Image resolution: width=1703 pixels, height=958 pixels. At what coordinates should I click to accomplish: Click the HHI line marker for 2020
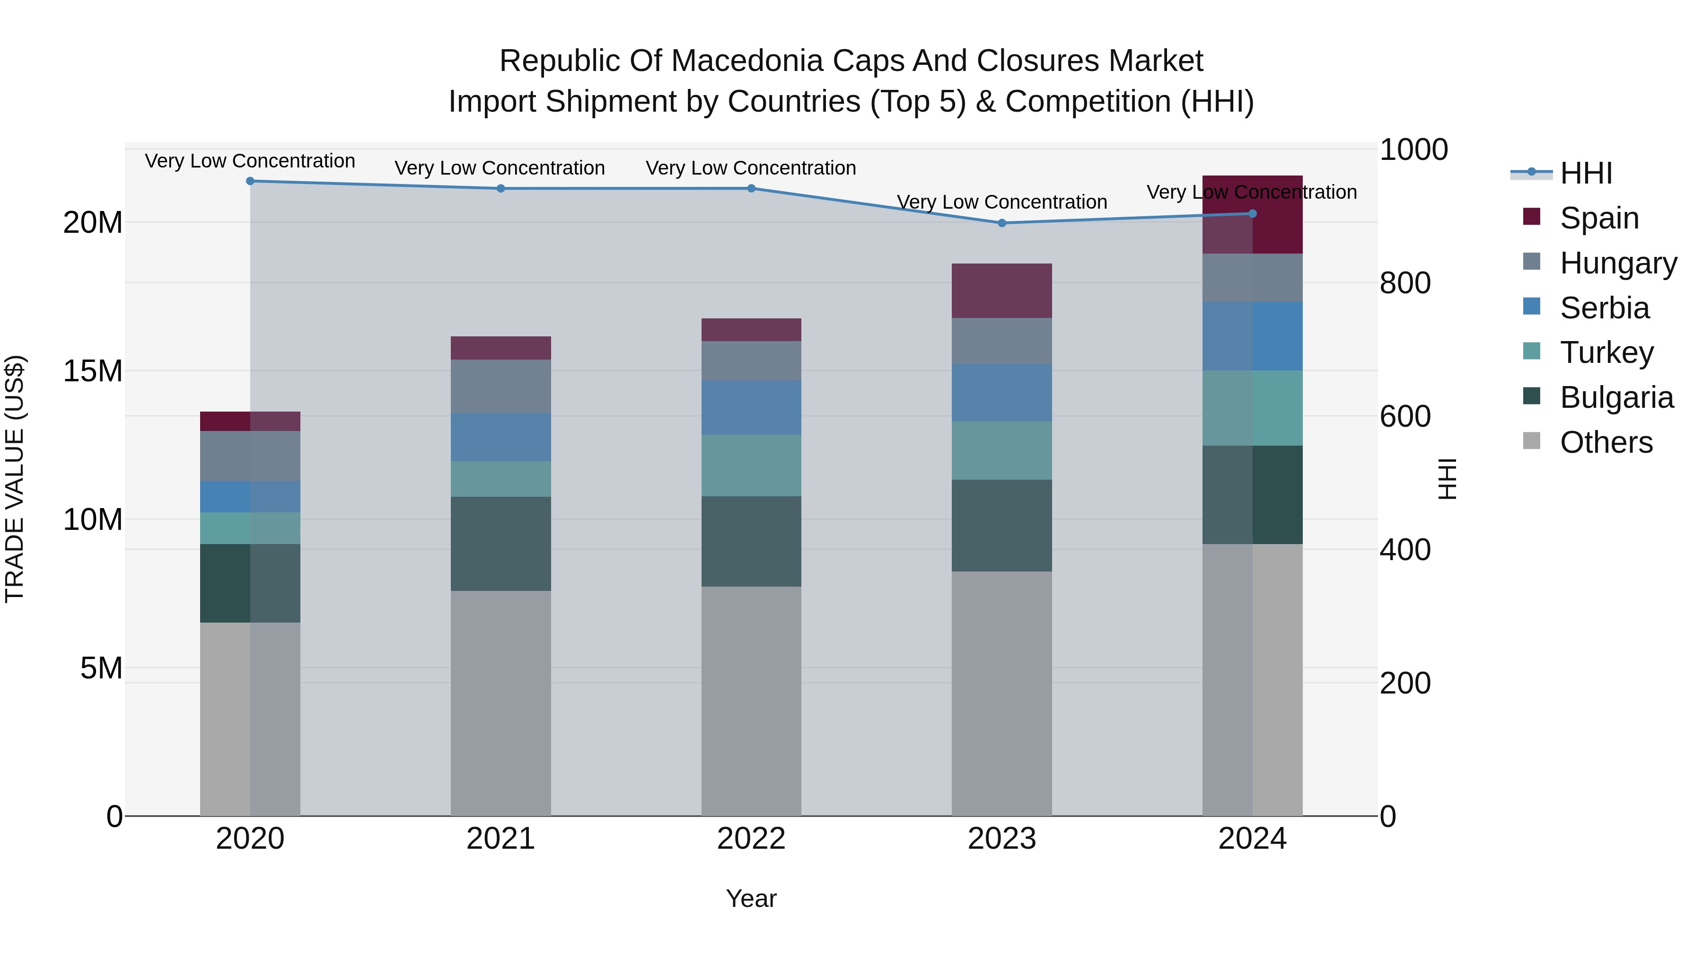point(250,181)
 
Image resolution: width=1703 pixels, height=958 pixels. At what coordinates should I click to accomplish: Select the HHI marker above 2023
point(1001,223)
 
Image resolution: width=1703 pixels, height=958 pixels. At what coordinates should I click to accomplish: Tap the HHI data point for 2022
point(751,188)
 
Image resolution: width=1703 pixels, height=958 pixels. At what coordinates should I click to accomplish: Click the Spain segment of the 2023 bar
point(1001,291)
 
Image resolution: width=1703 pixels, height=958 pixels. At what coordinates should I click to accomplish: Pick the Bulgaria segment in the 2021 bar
point(500,544)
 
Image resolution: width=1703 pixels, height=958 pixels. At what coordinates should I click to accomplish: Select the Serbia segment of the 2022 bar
point(751,407)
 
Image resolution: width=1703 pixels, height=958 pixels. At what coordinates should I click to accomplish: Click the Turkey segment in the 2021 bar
point(500,479)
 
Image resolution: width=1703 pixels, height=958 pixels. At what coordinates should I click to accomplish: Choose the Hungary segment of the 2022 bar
point(751,360)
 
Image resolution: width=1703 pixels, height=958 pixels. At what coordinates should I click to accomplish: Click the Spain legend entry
point(1598,218)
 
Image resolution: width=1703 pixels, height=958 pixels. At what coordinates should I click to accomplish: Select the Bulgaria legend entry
point(1616,397)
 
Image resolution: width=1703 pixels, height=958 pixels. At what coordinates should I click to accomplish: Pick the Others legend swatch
point(1531,441)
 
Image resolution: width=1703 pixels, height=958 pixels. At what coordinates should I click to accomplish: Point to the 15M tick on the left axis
point(93,371)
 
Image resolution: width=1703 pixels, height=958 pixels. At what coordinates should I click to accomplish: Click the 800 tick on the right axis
point(1405,283)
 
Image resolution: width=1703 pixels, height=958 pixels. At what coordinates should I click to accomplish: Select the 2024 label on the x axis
point(1252,839)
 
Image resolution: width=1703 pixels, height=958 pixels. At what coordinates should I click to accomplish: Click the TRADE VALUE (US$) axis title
point(15,479)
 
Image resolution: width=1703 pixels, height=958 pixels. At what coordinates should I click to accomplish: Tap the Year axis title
point(751,898)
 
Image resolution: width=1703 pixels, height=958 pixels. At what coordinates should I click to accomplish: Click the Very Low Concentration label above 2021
point(500,168)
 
